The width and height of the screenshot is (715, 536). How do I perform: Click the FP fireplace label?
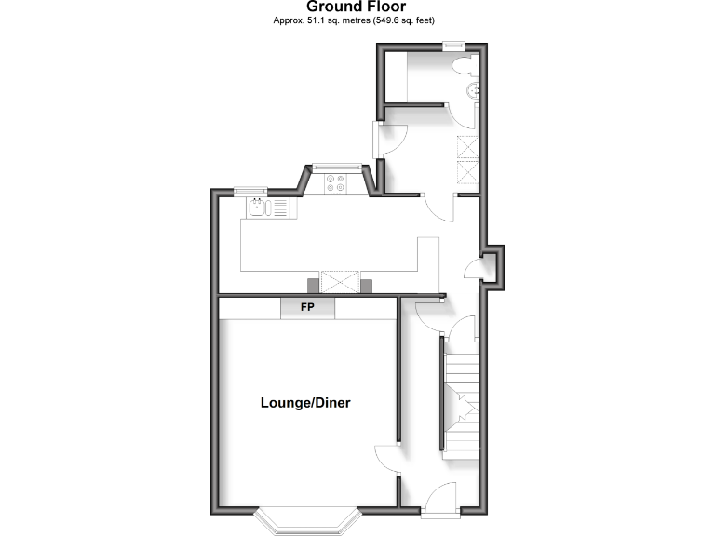click(308, 307)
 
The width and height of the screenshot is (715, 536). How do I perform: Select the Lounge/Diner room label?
click(304, 403)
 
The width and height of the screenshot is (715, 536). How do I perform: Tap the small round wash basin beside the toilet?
click(474, 90)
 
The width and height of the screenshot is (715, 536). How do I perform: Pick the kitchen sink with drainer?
click(266, 208)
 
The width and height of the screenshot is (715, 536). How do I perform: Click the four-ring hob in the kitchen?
click(336, 184)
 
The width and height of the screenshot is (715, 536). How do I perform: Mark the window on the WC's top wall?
click(453, 45)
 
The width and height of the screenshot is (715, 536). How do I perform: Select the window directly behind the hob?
click(336, 167)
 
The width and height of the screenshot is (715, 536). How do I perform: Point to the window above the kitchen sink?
click(249, 191)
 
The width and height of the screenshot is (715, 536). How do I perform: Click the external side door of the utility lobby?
click(378, 140)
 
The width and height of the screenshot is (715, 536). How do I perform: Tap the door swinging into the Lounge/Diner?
click(388, 460)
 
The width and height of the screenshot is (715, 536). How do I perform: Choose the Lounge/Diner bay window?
click(307, 521)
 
